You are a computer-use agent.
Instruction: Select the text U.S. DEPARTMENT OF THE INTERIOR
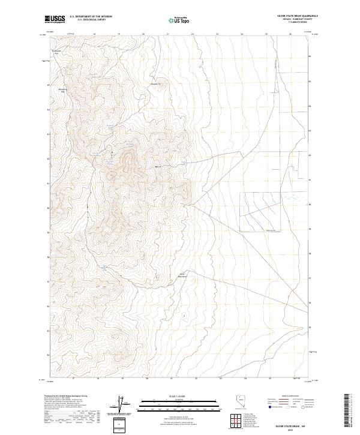[x=91, y=17]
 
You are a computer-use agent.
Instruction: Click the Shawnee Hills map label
[x=61, y=91]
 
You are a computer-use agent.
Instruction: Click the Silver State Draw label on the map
[x=184, y=276]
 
